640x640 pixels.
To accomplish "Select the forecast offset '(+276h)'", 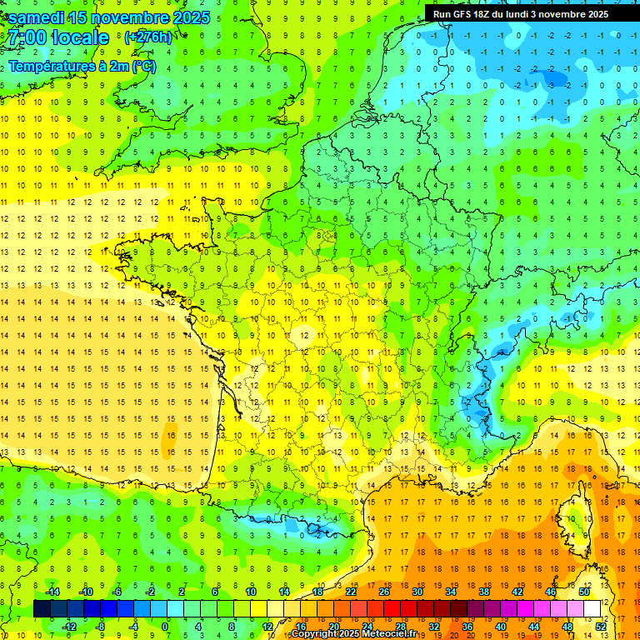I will pos(147,37).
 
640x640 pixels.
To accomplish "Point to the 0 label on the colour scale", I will pos(165,626).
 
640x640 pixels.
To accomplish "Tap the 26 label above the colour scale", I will pos(384,592).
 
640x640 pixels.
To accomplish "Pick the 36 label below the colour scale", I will pos(467,626).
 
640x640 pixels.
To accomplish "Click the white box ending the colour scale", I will pos(592,608).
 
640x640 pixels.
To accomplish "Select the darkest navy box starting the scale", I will pos(42,608).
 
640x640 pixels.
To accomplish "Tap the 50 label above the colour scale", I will pos(584,592).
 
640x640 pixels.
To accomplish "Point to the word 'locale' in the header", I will pos(80,38).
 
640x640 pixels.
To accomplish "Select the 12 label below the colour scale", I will pos(267,626).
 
